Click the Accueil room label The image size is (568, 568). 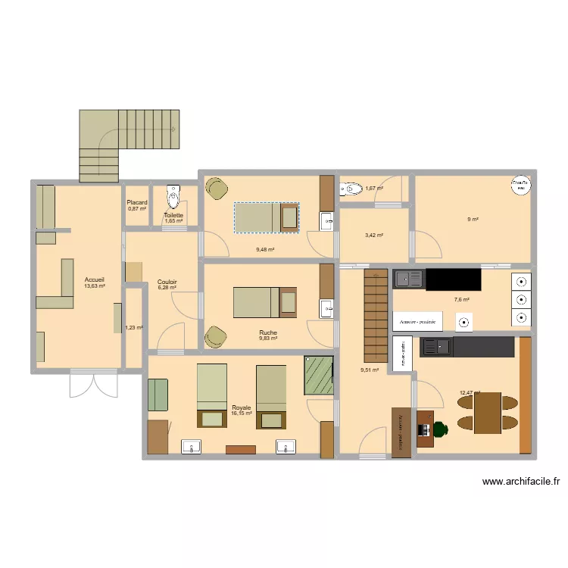(95, 279)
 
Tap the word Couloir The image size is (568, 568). (167, 281)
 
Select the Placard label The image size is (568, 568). (137, 202)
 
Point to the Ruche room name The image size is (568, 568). (267, 332)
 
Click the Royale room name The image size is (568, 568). (241, 407)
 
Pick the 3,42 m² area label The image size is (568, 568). (373, 236)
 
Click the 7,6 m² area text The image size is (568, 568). (461, 300)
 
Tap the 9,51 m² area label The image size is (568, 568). (369, 370)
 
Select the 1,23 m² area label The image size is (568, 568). (134, 328)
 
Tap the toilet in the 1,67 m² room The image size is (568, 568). (351, 189)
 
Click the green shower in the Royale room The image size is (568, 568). (319, 375)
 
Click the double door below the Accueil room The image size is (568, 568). (94, 384)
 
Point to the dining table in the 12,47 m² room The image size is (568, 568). (487, 413)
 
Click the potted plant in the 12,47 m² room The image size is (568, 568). (440, 429)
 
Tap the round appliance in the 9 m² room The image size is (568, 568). (520, 186)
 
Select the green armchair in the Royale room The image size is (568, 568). (158, 393)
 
